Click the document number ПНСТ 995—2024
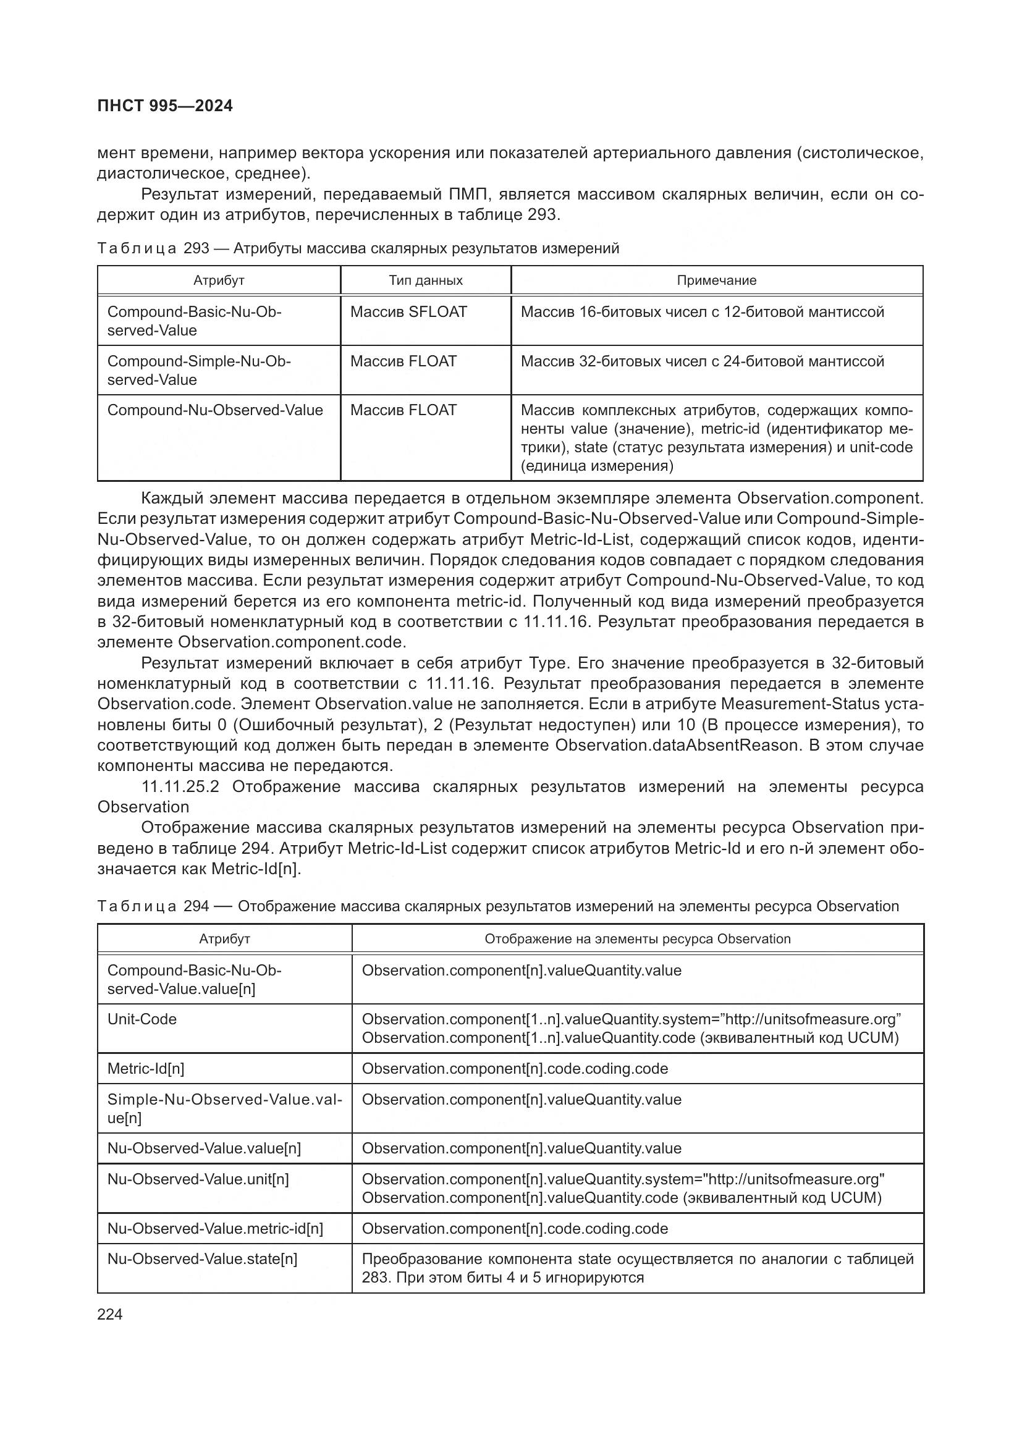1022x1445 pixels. [x=165, y=106]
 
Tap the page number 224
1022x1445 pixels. [x=110, y=1314]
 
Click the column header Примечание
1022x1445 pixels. [x=716, y=280]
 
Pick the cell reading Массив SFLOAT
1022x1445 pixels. [x=408, y=312]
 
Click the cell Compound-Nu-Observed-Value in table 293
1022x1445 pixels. [x=214, y=410]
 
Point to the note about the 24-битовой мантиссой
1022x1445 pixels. [x=703, y=361]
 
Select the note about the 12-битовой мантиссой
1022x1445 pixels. [x=703, y=312]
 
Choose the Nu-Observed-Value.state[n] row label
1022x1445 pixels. [x=202, y=1258]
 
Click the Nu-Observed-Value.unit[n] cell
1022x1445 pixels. [x=198, y=1179]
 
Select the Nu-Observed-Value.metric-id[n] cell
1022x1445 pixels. [x=214, y=1228]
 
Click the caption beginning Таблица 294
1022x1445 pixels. [x=497, y=906]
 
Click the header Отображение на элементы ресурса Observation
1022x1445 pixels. [x=637, y=939]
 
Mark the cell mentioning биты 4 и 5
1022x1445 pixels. [x=637, y=1268]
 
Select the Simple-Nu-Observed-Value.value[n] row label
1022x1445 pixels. [x=224, y=1108]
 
